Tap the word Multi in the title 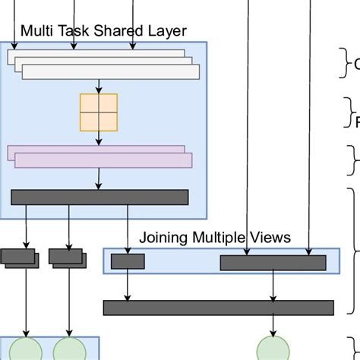click(x=35, y=32)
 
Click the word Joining click(x=163, y=238)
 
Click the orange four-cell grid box click(x=99, y=112)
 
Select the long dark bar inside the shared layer click(x=99, y=197)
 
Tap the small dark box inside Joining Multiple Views click(x=128, y=262)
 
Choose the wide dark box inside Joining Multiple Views click(x=273, y=263)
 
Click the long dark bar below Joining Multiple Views click(x=218, y=308)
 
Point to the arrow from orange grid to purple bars click(x=99, y=138)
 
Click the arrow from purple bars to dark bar click(x=99, y=178)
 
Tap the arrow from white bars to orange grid click(x=99, y=87)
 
